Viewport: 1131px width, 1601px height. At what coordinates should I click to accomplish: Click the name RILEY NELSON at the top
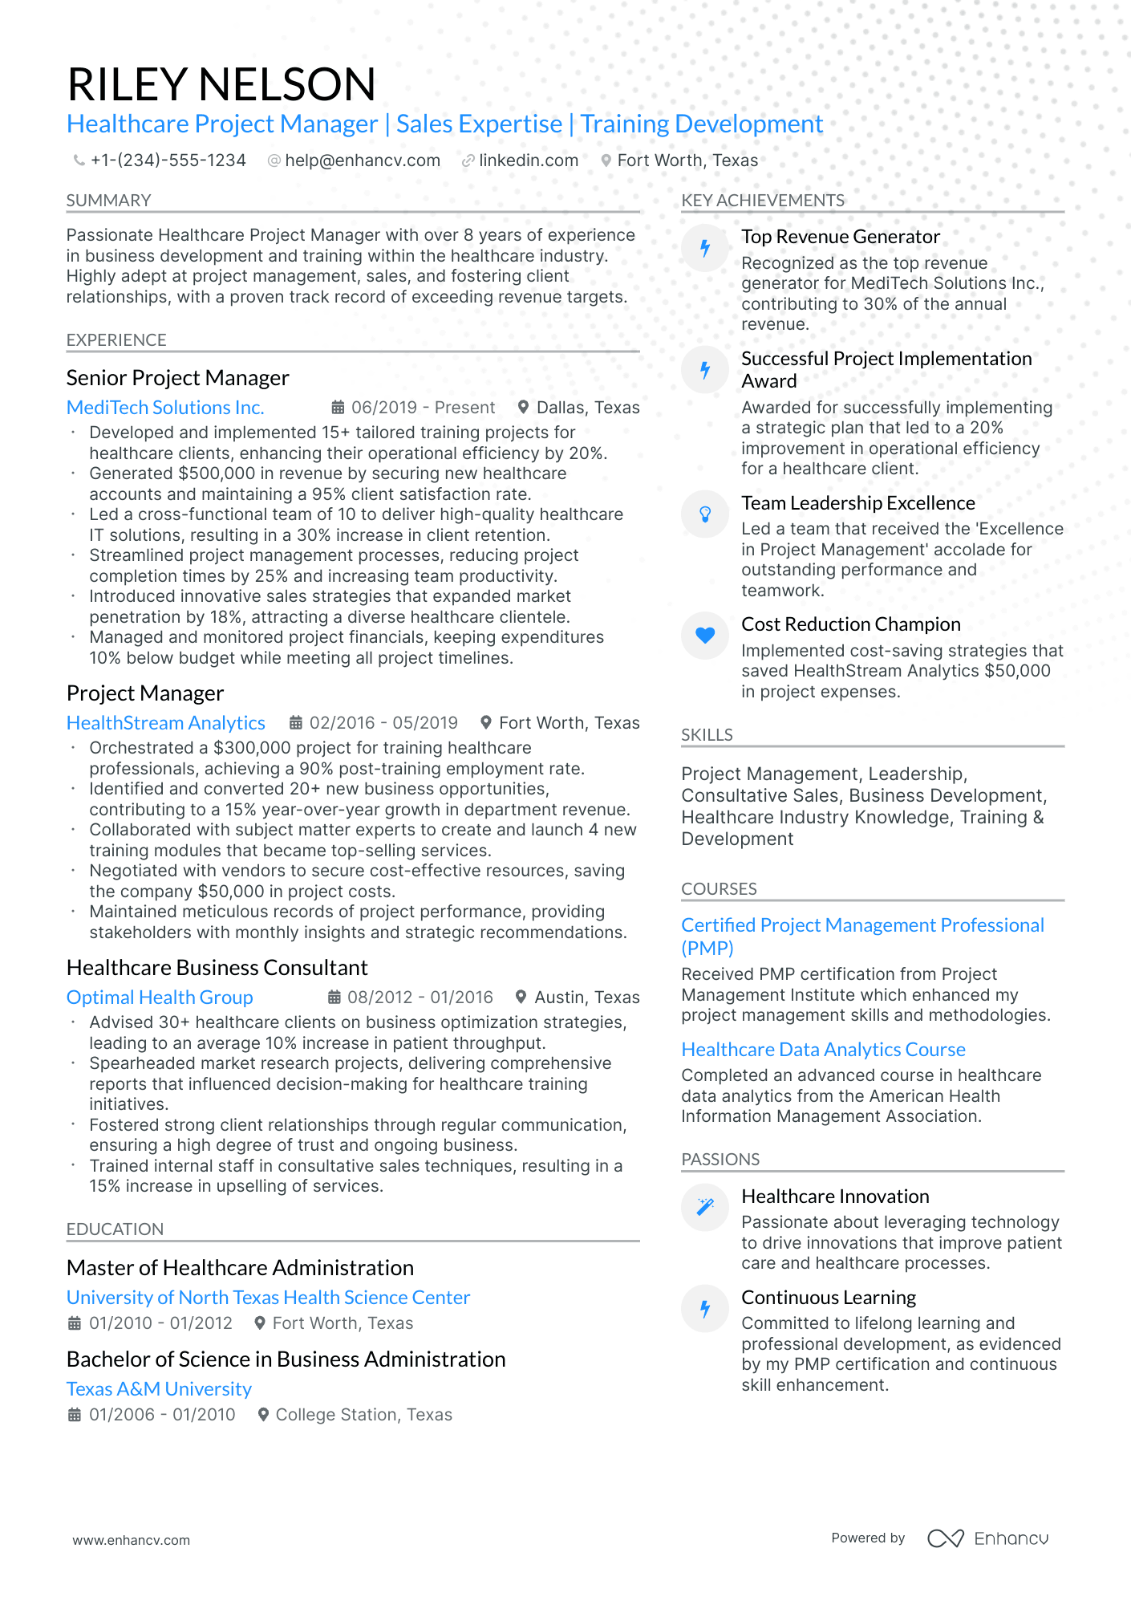221,84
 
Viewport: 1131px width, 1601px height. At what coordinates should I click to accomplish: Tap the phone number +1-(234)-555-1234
168,161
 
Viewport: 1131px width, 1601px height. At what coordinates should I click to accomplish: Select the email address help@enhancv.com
363,161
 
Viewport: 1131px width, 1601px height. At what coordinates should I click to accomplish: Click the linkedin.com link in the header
528,161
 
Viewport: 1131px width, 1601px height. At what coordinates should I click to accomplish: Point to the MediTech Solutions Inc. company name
165,408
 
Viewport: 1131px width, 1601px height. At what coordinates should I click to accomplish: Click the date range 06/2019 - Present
423,408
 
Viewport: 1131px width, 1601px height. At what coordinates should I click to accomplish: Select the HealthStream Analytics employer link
166,723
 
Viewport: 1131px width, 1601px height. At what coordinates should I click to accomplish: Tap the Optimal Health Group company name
160,998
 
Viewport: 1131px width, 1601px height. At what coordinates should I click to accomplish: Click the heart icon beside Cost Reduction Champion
705,636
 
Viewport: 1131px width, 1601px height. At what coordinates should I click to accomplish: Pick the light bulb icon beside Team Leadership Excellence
705,514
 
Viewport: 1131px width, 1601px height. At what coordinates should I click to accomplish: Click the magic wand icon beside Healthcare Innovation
705,1207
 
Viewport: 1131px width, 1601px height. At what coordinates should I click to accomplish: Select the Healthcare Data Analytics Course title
823,1050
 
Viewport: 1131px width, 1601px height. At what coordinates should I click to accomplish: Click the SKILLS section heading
707,735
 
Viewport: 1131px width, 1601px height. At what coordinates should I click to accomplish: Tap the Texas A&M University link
159,1389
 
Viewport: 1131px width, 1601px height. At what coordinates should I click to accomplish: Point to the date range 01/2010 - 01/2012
160,1323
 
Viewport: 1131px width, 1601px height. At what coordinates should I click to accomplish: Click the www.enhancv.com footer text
132,1540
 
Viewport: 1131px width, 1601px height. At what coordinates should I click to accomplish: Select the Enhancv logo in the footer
988,1538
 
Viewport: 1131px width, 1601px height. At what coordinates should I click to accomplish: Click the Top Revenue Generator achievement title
840,237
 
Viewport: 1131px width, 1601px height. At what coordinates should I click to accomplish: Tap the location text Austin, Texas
586,998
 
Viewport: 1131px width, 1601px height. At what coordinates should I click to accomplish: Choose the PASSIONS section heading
720,1160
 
